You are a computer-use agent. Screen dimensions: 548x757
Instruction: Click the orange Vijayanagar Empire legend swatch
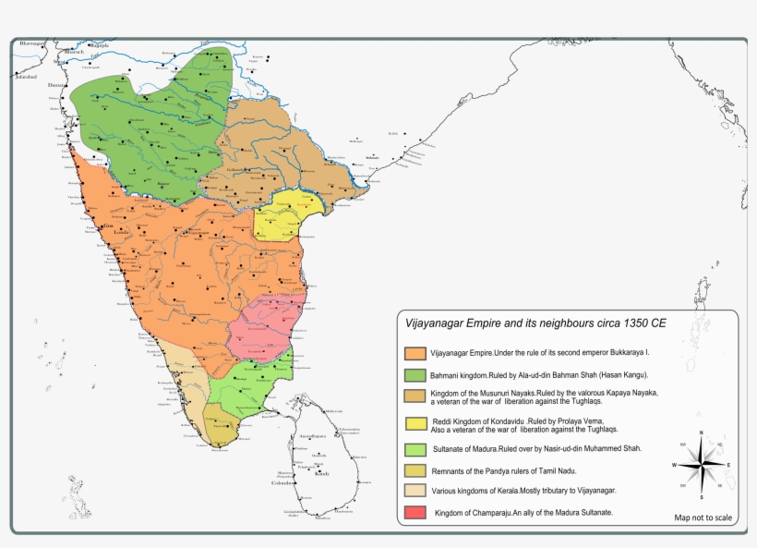(x=415, y=353)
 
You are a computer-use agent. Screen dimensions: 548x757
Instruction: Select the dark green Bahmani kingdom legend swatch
(x=415, y=376)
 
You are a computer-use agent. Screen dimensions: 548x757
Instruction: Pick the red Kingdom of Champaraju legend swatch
(x=415, y=511)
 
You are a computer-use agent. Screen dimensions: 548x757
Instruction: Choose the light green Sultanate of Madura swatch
(x=415, y=449)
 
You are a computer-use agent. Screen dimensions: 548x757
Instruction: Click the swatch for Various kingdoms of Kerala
(x=415, y=490)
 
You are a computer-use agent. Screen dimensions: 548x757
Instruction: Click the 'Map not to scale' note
(x=703, y=518)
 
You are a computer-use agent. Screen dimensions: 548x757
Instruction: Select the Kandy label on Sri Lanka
(x=321, y=473)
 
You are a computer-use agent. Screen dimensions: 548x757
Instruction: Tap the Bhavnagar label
(x=30, y=43)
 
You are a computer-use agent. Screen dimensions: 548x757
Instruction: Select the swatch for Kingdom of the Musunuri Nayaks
(x=415, y=397)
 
